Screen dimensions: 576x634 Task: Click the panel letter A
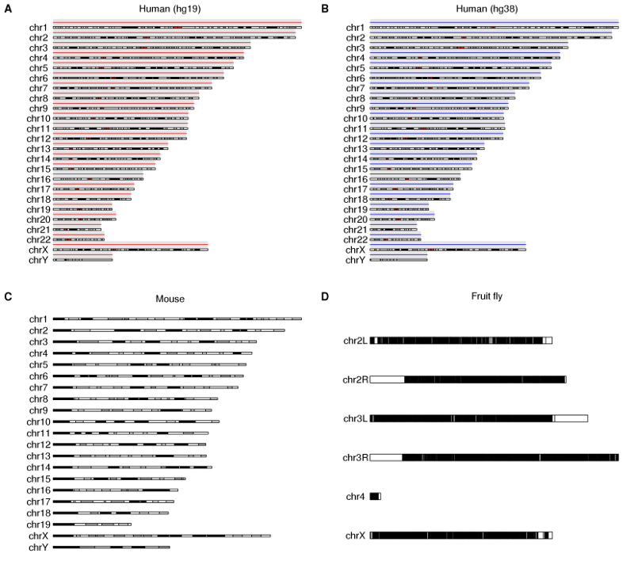(7, 7)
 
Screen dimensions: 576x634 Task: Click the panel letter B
(326, 7)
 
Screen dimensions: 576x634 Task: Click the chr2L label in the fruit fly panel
(355, 341)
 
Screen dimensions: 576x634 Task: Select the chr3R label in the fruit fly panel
(355, 457)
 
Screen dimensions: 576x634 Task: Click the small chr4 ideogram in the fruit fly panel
(375, 496)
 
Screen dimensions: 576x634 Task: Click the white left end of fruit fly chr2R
(387, 380)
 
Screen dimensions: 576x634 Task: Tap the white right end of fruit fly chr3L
(571, 418)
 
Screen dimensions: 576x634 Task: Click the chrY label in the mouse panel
(39, 547)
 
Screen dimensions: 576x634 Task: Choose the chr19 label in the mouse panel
(39, 525)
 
